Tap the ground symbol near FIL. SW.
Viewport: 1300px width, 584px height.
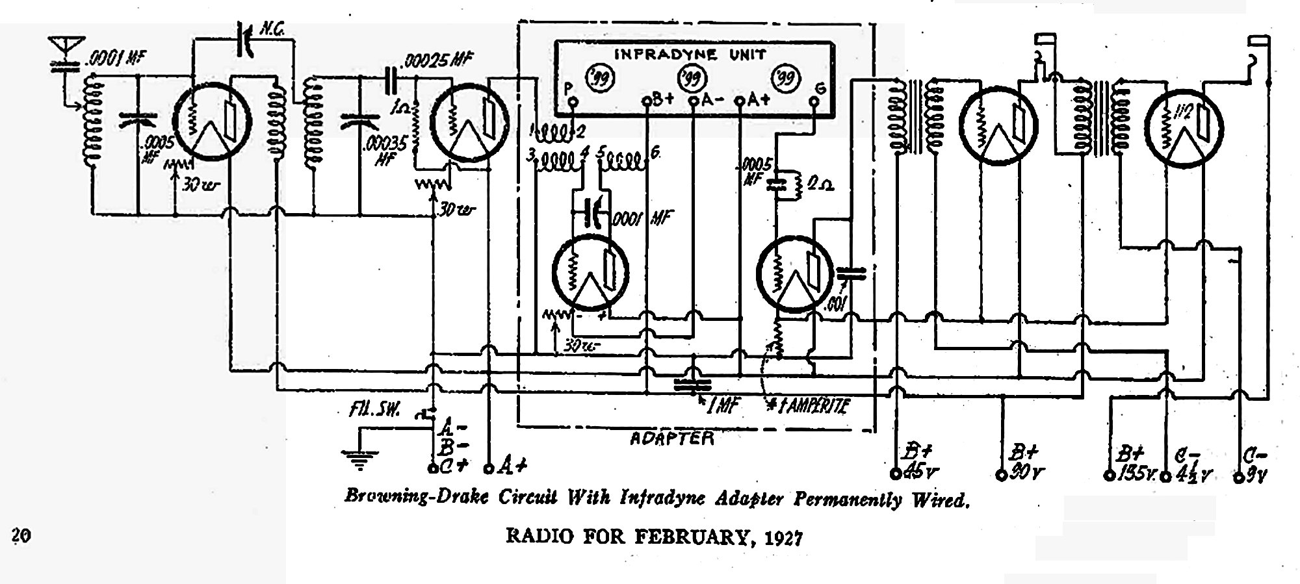point(356,457)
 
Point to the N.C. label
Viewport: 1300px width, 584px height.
point(272,29)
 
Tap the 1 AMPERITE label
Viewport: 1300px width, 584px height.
point(810,407)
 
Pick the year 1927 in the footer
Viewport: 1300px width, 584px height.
point(783,538)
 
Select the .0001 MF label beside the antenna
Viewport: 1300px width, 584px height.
point(116,60)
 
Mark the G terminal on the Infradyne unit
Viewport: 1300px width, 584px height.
point(813,101)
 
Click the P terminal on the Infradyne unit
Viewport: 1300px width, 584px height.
point(571,102)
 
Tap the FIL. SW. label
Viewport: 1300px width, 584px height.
point(376,411)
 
